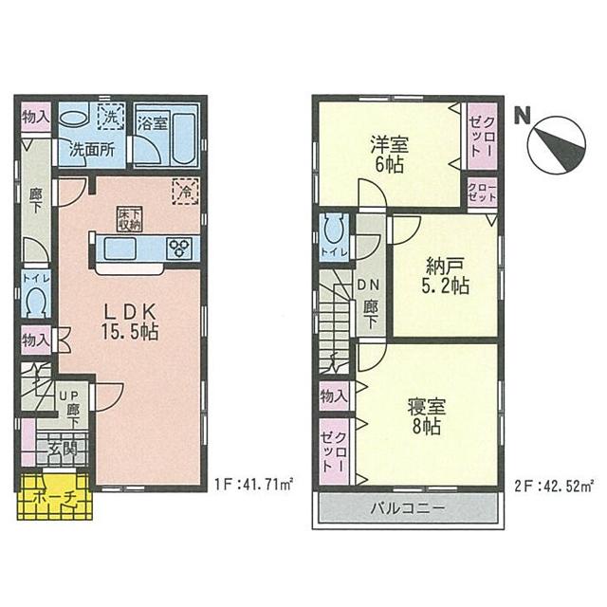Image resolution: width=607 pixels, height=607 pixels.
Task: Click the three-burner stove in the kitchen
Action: [178, 249]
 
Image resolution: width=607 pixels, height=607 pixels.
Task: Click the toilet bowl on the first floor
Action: [37, 303]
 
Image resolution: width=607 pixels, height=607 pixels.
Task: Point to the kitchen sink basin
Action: [120, 248]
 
